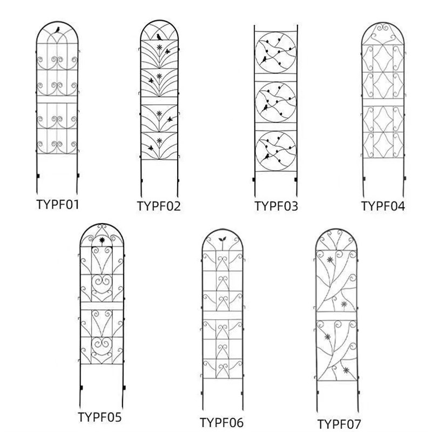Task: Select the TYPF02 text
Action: pyautogui.click(x=159, y=206)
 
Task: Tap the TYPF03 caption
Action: pyautogui.click(x=276, y=206)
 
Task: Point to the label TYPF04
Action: pyautogui.click(x=383, y=206)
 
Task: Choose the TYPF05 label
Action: pyautogui.click(x=100, y=417)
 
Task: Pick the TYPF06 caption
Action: pyautogui.click(x=222, y=422)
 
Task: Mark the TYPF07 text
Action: pyautogui.click(x=339, y=423)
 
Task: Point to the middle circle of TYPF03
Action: pyautogui.click(x=275, y=101)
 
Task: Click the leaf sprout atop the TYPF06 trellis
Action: pyautogui.click(x=221, y=239)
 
